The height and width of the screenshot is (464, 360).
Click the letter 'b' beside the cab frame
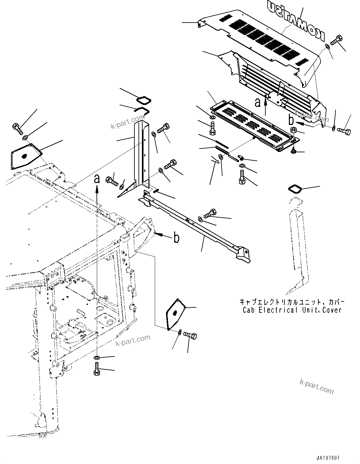177,238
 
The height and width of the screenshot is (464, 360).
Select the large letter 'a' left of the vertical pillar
97,179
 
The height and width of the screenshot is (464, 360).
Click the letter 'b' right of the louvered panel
291,119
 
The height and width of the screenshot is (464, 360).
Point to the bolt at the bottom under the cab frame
97,369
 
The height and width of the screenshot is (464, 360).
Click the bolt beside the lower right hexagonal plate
190,336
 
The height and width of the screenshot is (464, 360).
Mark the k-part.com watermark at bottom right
317,386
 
